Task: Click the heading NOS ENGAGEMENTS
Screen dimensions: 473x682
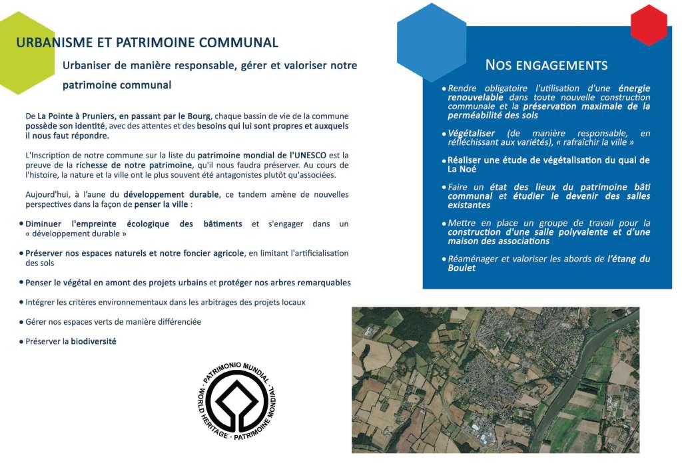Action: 546,65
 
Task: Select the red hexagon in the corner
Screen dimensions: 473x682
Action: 648,25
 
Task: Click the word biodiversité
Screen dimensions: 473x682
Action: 93,341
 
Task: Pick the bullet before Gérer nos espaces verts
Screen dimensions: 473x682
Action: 21,322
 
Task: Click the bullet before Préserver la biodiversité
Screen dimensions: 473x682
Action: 21,341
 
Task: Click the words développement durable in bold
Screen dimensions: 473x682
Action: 171,194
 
